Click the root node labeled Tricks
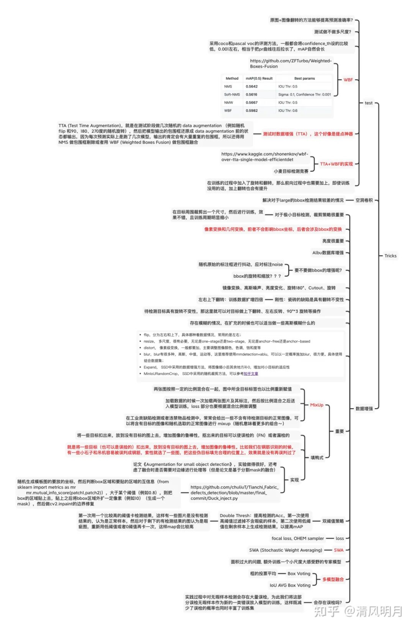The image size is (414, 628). [390, 256]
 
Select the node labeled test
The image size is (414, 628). [368, 103]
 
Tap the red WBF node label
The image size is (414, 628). [348, 80]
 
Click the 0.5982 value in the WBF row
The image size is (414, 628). [251, 110]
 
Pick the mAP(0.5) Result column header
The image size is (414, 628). [259, 78]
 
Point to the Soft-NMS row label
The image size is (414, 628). [232, 94]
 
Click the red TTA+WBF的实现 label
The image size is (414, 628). [336, 164]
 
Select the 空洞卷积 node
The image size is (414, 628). [364, 200]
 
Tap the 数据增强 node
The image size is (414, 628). [364, 409]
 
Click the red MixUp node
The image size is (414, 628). [317, 405]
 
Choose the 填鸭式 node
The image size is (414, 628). [317, 458]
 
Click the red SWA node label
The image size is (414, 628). [338, 550]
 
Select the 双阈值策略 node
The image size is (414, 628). [333, 521]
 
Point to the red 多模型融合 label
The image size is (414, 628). [333, 579]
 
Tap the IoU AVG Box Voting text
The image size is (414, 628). [290, 585]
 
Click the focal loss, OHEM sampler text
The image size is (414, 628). [297, 539]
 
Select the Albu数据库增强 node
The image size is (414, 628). [328, 253]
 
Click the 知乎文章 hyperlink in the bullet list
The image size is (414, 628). [251, 374]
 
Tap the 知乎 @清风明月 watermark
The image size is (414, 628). [358, 611]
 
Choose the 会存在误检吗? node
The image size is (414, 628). [327, 603]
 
